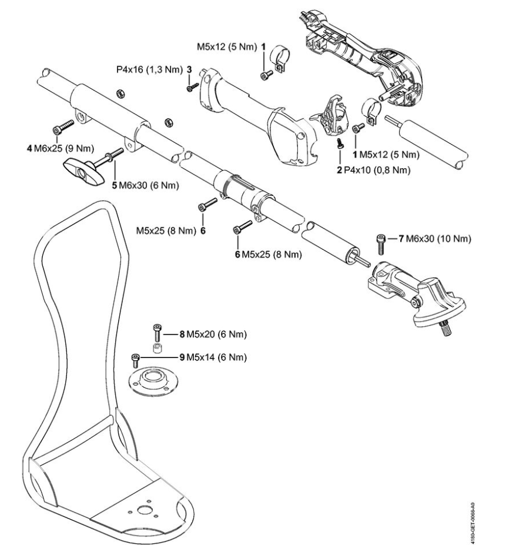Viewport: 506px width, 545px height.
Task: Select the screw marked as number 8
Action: [157, 333]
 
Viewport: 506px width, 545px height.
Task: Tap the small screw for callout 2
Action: [340, 142]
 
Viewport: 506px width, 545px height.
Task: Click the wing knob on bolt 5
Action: [82, 167]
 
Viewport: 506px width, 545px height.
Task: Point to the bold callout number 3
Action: [189, 69]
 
